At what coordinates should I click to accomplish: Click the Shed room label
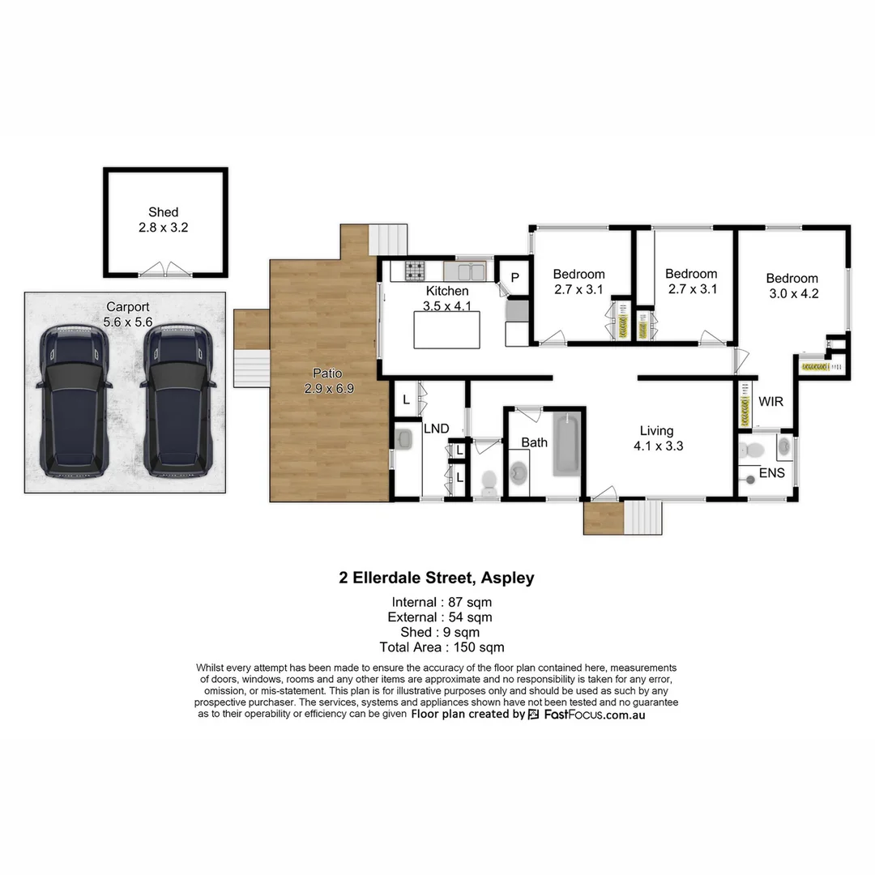tap(163, 212)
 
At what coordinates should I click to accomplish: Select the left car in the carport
tap(73, 400)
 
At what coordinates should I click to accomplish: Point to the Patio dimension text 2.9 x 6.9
tap(329, 389)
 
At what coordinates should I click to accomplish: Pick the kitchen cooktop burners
tap(415, 270)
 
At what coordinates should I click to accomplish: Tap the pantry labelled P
tap(514, 277)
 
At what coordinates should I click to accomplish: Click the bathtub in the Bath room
tap(567, 444)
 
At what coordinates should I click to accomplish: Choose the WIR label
tap(770, 401)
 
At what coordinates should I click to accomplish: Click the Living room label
tap(656, 431)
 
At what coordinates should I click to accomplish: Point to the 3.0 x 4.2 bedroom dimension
tap(792, 294)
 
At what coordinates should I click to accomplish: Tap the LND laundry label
tap(436, 428)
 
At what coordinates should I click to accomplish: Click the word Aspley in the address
tap(507, 578)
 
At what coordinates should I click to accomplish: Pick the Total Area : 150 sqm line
tap(442, 647)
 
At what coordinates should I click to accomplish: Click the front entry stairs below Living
tap(643, 517)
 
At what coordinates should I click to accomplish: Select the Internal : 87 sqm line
tap(442, 602)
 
